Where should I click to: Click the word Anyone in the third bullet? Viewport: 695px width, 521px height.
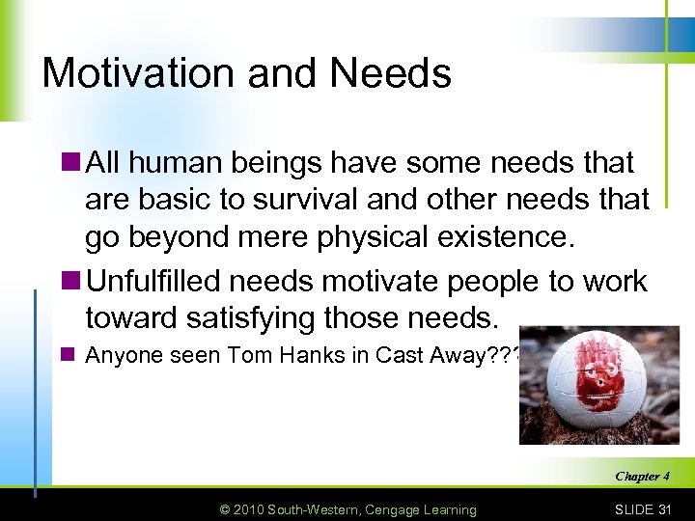pos(117,355)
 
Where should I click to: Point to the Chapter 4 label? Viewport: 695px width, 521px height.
pos(642,476)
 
